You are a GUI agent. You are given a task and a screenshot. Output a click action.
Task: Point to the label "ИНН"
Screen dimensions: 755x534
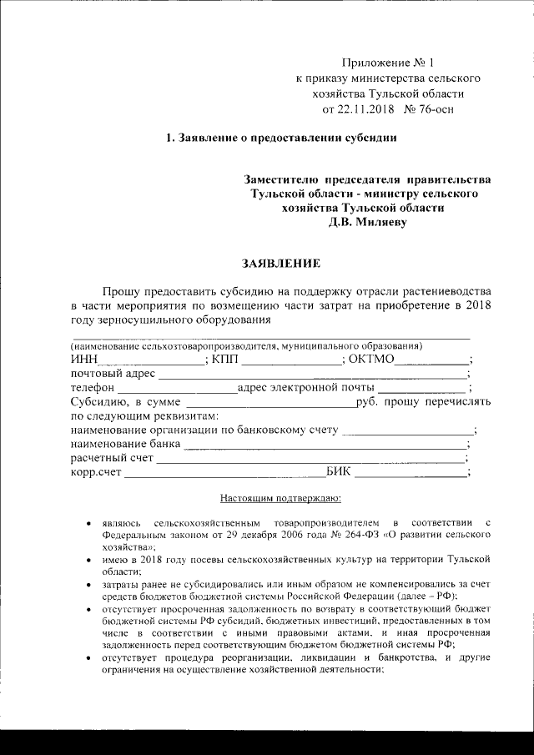tap(84, 360)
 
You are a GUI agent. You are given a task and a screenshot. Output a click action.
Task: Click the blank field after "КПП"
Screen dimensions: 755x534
tap(292, 360)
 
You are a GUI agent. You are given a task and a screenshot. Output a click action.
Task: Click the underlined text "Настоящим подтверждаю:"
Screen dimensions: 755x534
tap(280, 500)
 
